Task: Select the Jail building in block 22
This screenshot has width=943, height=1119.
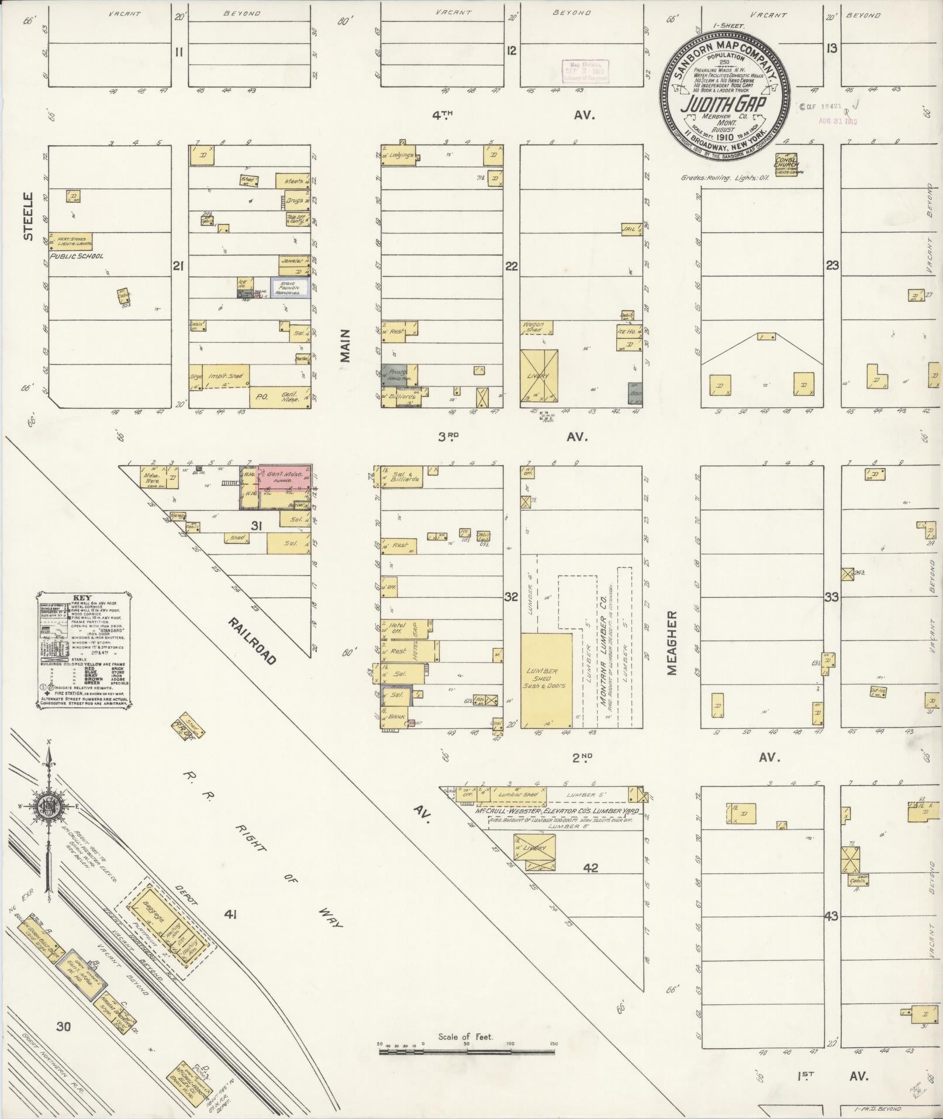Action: click(629, 229)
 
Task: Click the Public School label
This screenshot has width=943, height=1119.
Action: click(77, 256)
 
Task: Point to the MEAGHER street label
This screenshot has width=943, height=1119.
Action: click(672, 643)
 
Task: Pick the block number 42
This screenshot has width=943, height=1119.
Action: click(590, 867)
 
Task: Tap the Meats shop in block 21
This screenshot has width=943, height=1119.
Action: click(292, 181)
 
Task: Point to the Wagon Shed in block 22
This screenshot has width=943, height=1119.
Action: click(533, 328)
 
